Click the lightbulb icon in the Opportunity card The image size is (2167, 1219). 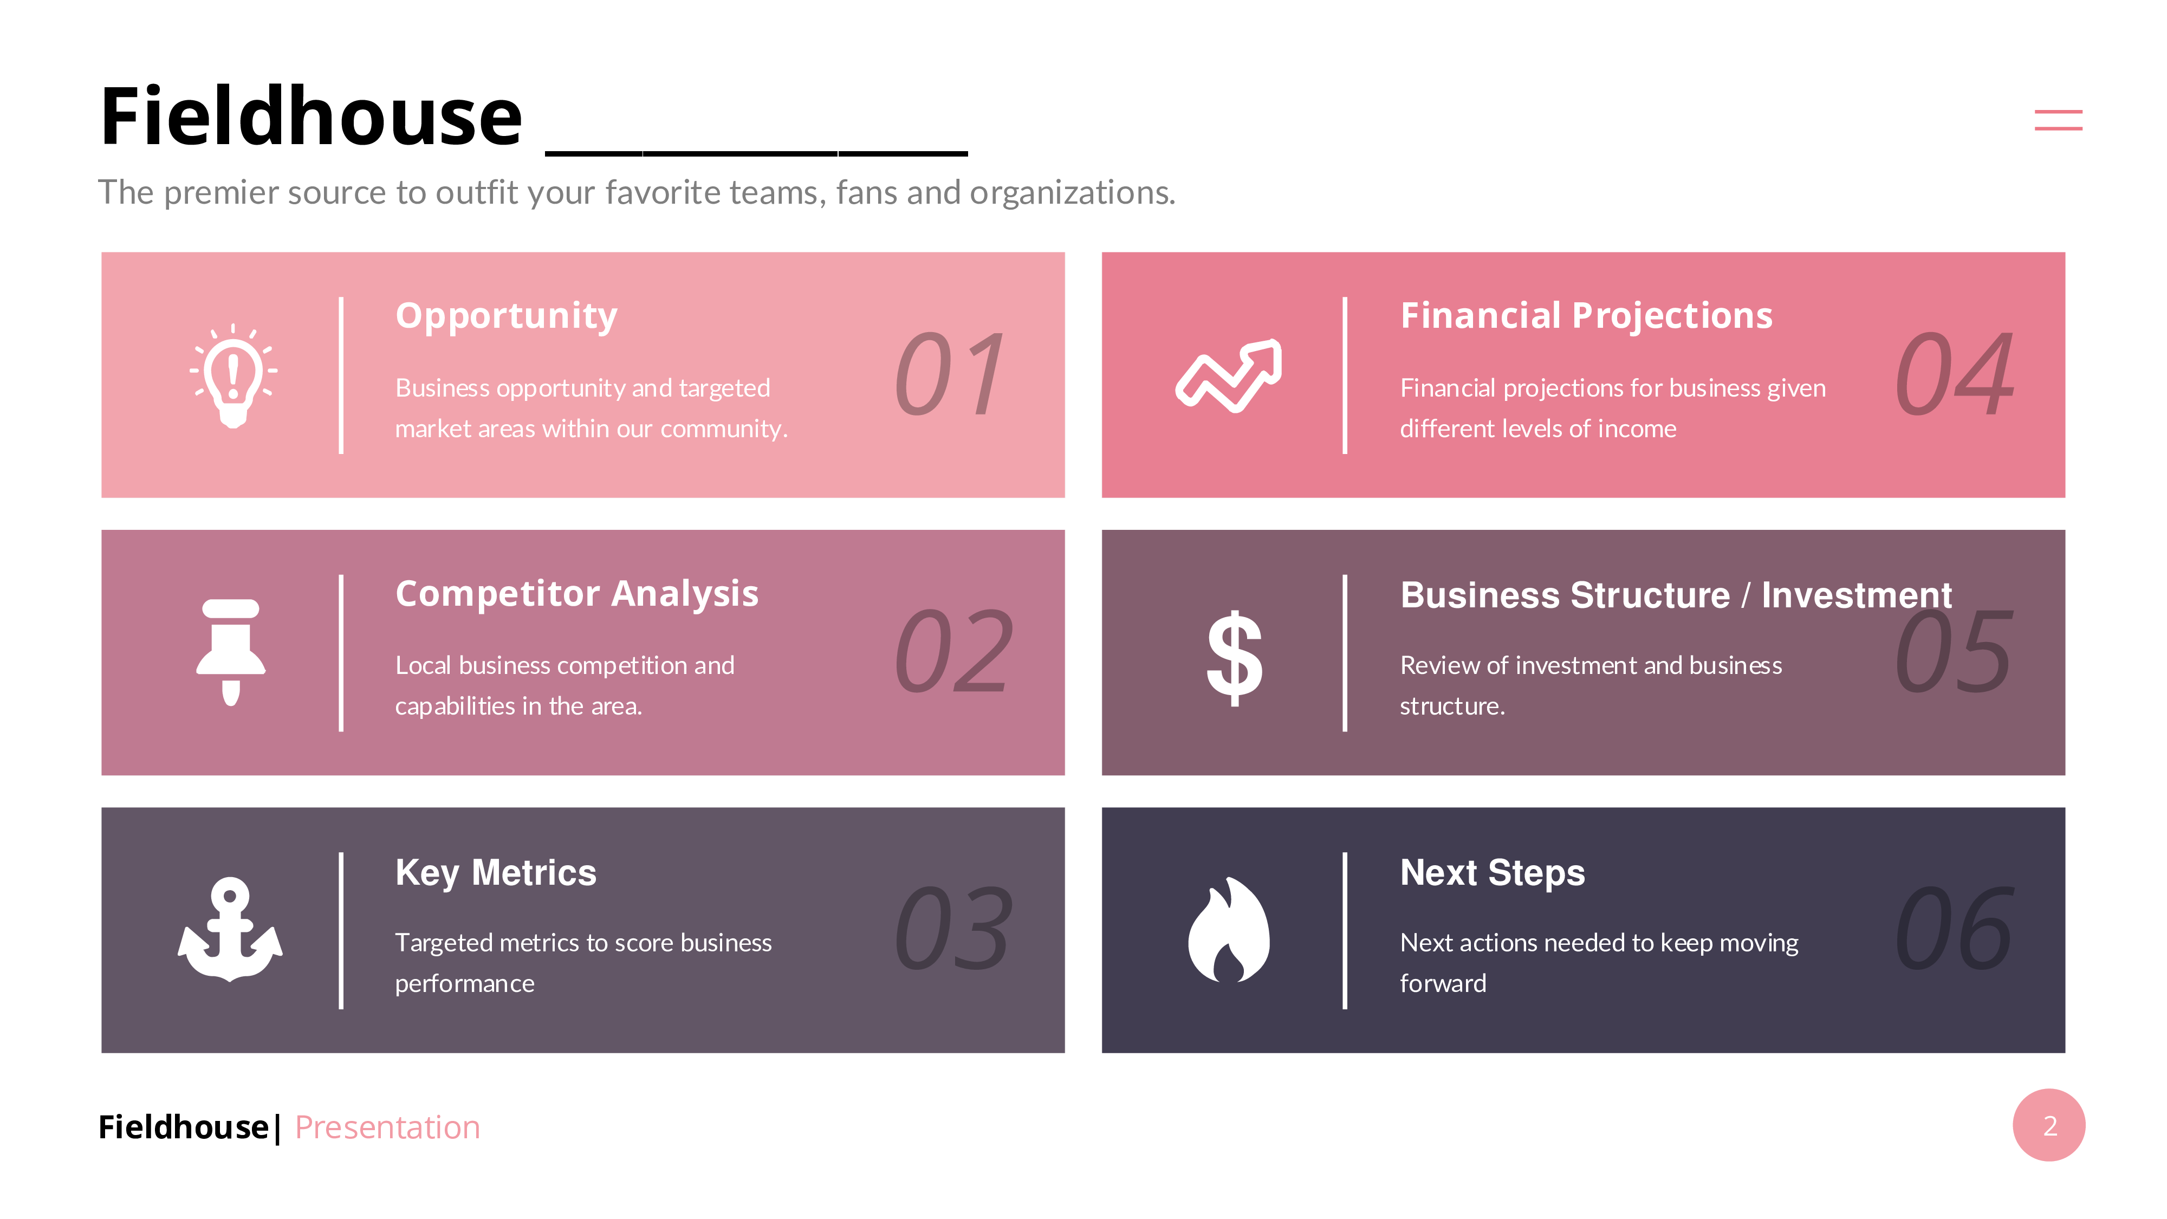[x=233, y=375]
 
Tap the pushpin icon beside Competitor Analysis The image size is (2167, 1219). [x=230, y=652]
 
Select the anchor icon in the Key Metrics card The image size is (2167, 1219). [x=230, y=930]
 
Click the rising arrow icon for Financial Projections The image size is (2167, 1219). [x=1229, y=375]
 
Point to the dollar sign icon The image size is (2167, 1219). [x=1234, y=657]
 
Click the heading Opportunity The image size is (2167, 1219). [x=507, y=317]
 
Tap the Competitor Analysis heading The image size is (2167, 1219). [x=577, y=594]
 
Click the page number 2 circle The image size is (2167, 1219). [x=2049, y=1126]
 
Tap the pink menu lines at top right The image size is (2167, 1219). [x=2059, y=120]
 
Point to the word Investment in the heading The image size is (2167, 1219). [x=1857, y=595]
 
